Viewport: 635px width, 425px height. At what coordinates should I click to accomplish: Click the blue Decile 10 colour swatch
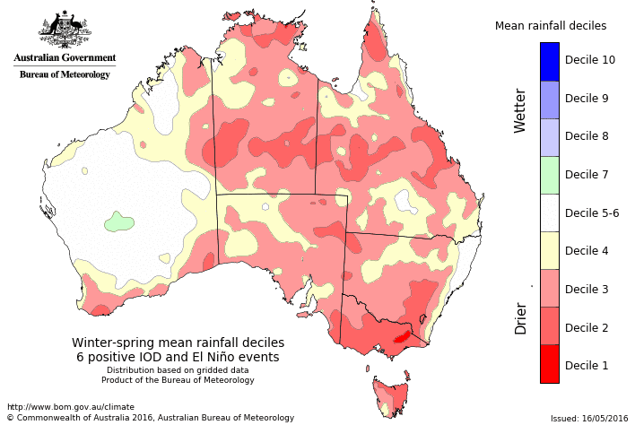click(x=550, y=61)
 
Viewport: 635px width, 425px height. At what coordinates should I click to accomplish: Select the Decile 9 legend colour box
click(x=550, y=99)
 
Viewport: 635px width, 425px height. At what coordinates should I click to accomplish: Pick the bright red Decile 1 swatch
click(x=550, y=364)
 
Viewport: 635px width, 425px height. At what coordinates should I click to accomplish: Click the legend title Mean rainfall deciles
click(x=551, y=26)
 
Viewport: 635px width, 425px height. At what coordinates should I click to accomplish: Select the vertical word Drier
click(x=520, y=318)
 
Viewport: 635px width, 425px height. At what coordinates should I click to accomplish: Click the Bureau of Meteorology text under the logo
click(x=64, y=74)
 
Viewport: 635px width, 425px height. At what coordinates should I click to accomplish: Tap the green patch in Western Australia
click(x=117, y=221)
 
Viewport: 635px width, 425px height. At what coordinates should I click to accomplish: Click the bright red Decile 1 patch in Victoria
click(x=401, y=338)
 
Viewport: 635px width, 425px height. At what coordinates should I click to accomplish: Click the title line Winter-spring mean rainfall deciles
click(x=178, y=343)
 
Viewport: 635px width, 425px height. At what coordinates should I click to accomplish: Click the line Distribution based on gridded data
click(x=178, y=369)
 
